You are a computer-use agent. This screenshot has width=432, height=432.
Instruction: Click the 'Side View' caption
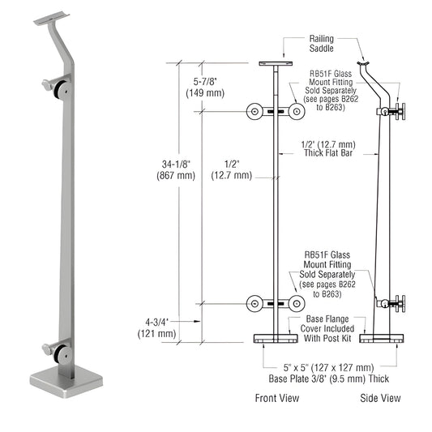(x=380, y=398)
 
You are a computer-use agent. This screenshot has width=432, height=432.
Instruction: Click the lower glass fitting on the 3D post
(x=54, y=352)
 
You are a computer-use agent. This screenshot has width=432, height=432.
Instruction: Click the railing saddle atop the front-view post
(x=276, y=64)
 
